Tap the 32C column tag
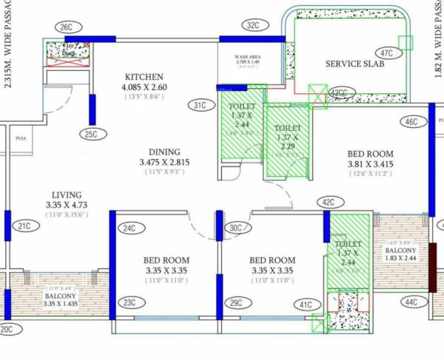coord(254,25)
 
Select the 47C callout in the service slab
coord(386,53)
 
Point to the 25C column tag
coord(91,134)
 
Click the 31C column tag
coord(200,105)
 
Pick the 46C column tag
coord(412,121)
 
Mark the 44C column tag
coord(411,302)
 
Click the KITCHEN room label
coord(144,77)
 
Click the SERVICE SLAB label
coord(353,64)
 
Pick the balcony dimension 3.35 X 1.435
coord(50,303)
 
